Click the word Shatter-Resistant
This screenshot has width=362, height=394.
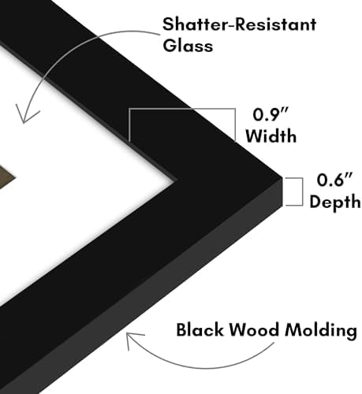[239, 24]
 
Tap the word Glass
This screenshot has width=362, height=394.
[188, 45]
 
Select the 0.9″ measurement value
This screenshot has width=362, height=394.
[271, 114]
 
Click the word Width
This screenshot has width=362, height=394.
[271, 136]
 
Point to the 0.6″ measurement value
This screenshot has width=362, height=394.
[334, 180]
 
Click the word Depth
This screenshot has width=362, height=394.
[335, 202]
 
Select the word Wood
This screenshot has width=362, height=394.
[254, 329]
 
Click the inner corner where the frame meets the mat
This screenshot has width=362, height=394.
[176, 180]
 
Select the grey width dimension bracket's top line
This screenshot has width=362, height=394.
[182, 109]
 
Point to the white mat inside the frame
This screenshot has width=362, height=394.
[87, 184]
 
